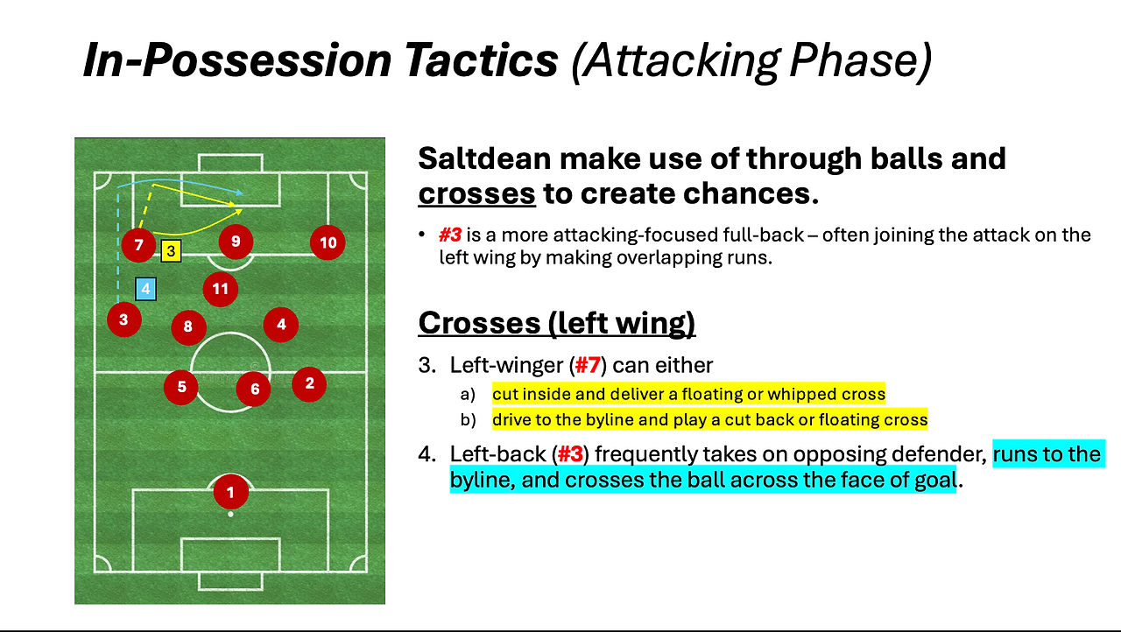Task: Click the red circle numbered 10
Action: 328,242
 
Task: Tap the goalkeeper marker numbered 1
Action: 230,492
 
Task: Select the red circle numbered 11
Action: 220,289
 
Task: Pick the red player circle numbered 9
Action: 236,242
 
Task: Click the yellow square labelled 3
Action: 171,250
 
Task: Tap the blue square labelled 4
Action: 145,289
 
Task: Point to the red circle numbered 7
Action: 138,245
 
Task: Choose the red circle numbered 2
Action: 309,384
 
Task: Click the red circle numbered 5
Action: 181,387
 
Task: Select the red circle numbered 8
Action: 188,327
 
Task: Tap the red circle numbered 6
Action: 254,389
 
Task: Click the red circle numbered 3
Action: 124,320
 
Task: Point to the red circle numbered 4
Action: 281,325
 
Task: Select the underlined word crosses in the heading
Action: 477,194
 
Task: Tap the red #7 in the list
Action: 588,365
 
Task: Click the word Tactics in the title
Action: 481,60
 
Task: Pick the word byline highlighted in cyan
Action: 483,481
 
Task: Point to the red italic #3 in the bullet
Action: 450,235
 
